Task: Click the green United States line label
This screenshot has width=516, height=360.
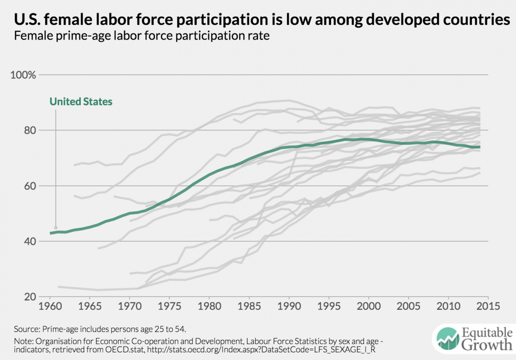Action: click(x=81, y=102)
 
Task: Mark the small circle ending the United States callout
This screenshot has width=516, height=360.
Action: click(x=56, y=228)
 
